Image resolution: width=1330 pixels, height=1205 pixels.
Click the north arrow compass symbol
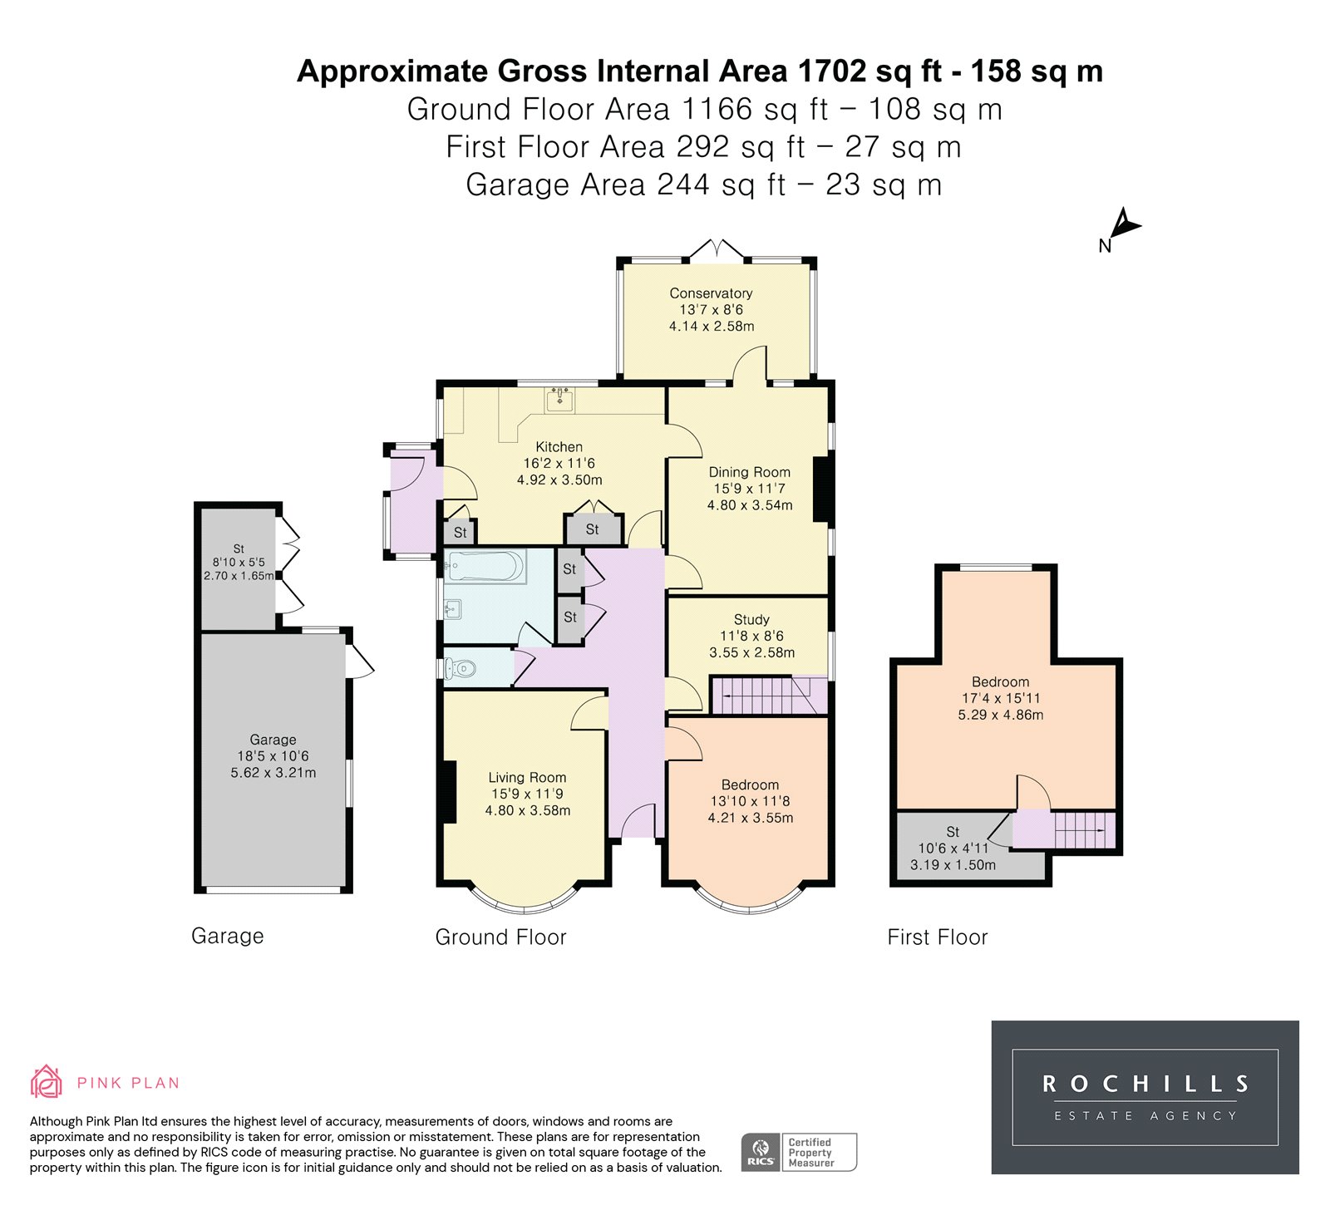(x=1124, y=228)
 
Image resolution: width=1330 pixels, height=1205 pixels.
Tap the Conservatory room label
(x=711, y=293)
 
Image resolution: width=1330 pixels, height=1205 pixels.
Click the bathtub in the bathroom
(x=485, y=567)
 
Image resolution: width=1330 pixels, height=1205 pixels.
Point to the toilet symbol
(x=460, y=667)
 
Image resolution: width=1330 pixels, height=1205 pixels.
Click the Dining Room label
(x=749, y=472)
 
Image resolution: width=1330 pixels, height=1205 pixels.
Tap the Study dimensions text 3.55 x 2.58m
(x=751, y=653)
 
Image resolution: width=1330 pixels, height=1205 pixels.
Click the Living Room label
(x=527, y=778)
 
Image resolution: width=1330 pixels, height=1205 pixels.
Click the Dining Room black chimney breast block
(x=822, y=489)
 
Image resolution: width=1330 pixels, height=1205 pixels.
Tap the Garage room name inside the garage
(x=273, y=740)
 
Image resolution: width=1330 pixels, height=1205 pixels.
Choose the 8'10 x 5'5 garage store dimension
(x=239, y=563)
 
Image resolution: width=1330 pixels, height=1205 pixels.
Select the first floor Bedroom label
(x=1000, y=682)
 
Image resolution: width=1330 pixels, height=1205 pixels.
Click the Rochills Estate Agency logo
(x=1145, y=1097)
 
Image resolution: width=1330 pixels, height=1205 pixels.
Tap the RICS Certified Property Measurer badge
(x=798, y=1153)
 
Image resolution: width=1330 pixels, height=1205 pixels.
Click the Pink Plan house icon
(x=47, y=1081)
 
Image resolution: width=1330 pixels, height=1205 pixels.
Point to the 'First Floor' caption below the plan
(x=937, y=937)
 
